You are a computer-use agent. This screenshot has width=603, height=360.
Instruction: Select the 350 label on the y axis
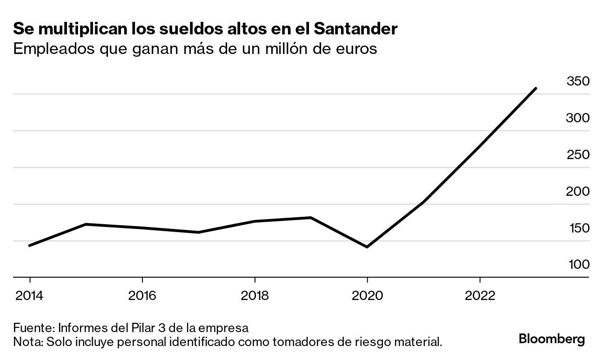(x=577, y=81)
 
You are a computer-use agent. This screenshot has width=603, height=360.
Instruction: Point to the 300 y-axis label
(x=577, y=118)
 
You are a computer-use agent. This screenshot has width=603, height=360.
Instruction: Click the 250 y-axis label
(x=577, y=155)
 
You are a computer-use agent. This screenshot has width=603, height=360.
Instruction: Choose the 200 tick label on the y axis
(x=577, y=192)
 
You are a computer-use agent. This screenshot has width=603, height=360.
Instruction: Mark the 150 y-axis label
(x=577, y=228)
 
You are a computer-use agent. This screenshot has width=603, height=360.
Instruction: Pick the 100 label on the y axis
(x=577, y=265)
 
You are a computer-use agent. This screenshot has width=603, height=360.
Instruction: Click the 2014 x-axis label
(x=30, y=296)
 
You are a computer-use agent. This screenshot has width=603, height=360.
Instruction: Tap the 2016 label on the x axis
(x=142, y=296)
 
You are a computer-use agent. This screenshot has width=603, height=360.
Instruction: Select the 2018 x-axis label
(x=255, y=296)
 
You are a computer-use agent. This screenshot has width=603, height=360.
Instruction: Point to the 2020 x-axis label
(x=368, y=296)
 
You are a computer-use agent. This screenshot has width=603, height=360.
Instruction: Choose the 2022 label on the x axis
(x=480, y=296)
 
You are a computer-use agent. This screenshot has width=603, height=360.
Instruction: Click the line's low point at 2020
(x=368, y=247)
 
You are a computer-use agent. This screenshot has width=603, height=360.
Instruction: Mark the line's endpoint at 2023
(x=536, y=88)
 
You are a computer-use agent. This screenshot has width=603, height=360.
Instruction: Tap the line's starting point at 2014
(x=30, y=246)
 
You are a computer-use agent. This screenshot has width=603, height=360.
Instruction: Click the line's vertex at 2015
(x=86, y=224)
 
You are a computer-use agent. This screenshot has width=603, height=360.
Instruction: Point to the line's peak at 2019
(x=311, y=217)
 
